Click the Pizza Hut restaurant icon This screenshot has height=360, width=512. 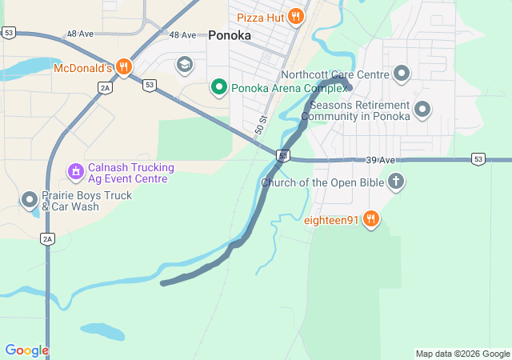[x=295, y=16]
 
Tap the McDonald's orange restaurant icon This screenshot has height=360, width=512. [x=123, y=67]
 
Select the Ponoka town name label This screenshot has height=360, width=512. [x=230, y=35]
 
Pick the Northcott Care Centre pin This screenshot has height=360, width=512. [x=402, y=74]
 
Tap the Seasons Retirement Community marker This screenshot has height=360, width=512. [x=422, y=110]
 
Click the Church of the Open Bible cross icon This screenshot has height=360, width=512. [x=394, y=182]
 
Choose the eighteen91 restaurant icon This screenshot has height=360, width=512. [x=370, y=218]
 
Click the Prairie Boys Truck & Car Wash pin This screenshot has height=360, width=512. [x=30, y=199]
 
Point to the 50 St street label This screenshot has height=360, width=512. [x=260, y=124]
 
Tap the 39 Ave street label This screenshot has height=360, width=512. [x=382, y=160]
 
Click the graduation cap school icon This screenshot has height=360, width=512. [x=185, y=64]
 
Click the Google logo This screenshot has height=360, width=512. [x=26, y=350]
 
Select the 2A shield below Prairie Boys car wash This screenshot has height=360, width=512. [x=47, y=238]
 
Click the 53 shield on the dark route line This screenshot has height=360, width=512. [x=283, y=154]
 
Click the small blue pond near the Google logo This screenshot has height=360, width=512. [x=102, y=330]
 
